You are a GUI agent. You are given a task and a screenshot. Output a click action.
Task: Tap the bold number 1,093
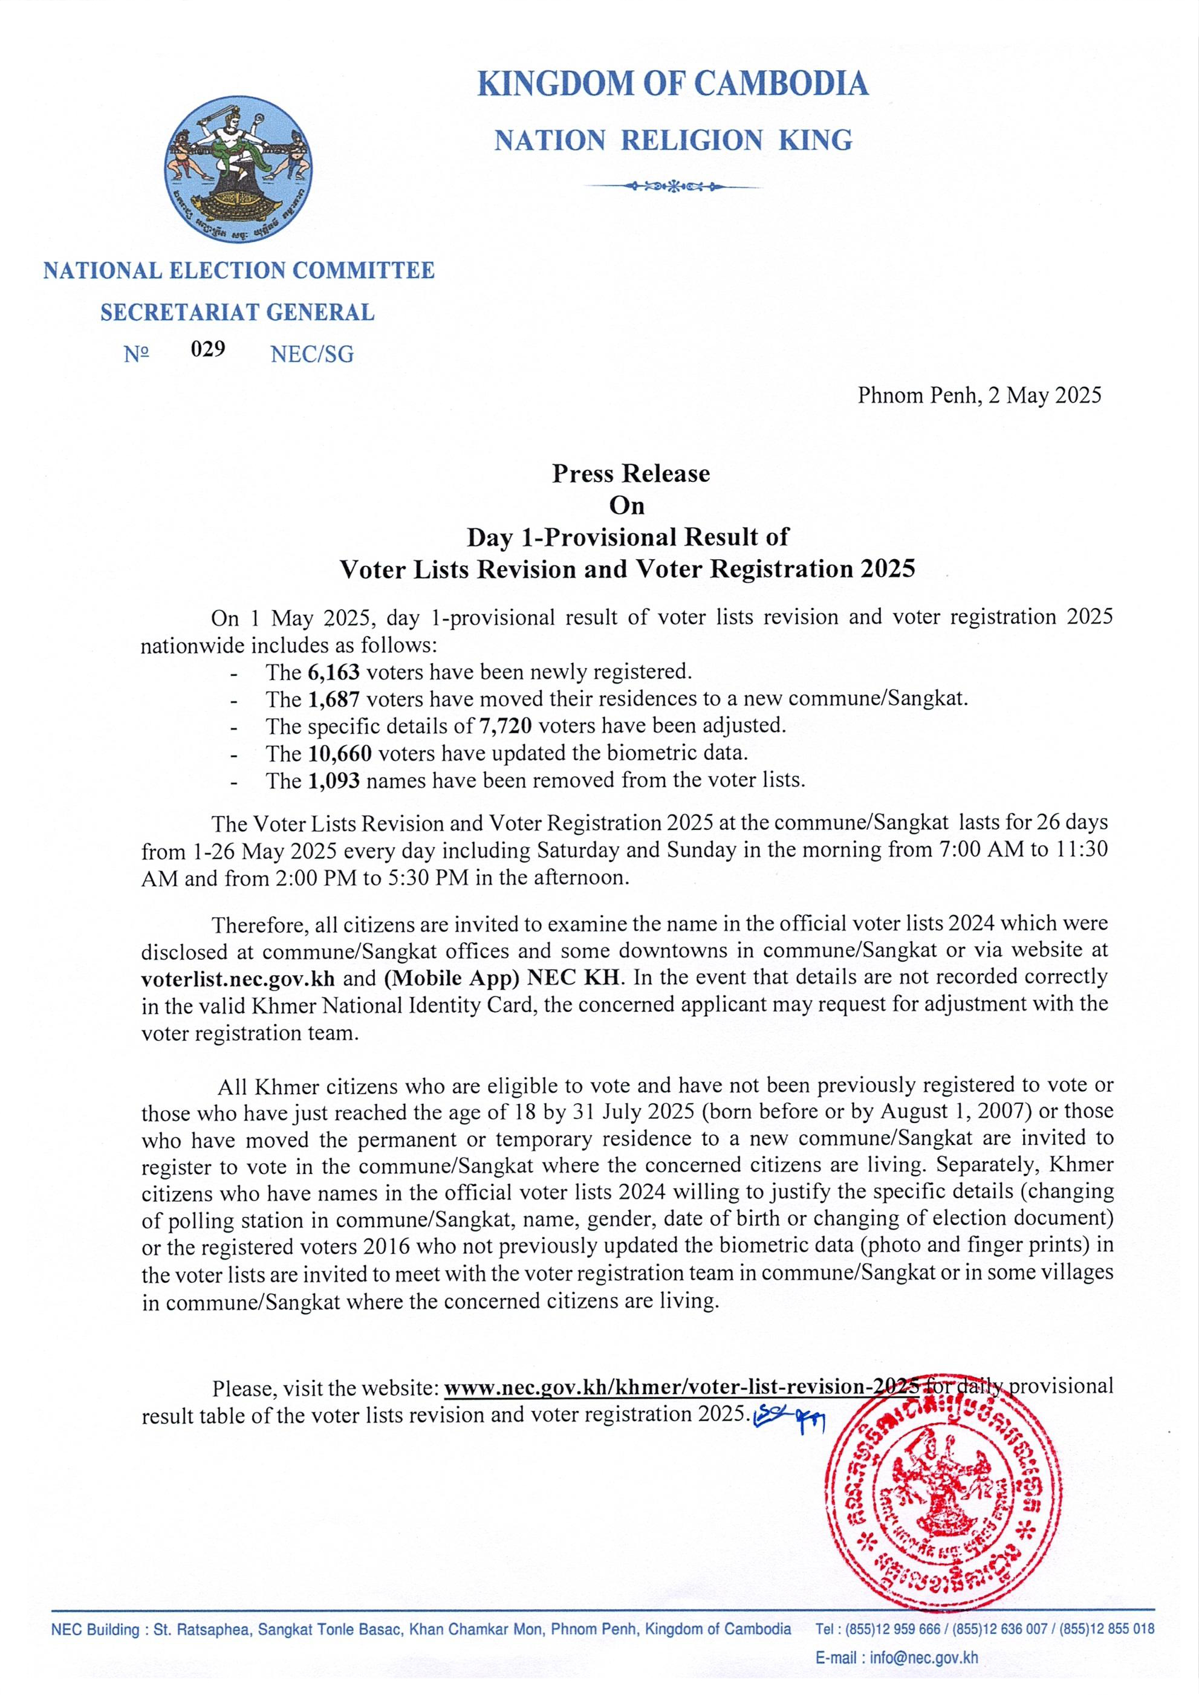(334, 781)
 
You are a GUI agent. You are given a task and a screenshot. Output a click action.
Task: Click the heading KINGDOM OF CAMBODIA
(672, 83)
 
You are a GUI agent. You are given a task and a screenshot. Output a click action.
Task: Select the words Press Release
(631, 473)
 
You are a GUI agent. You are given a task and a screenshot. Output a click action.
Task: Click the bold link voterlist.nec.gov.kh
(238, 979)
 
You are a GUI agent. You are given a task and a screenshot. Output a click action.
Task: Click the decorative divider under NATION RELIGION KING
(672, 186)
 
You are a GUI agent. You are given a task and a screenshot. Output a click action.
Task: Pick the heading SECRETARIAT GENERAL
(238, 313)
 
